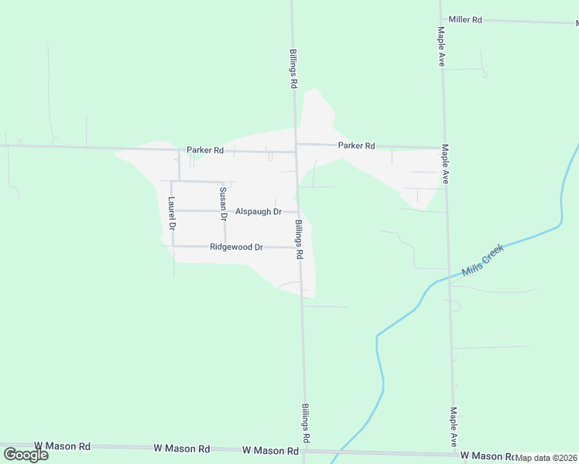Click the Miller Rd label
(465, 19)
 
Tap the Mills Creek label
(482, 260)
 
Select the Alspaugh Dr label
(259, 211)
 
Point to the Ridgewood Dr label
(237, 247)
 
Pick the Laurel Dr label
(172, 213)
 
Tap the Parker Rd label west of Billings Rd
(205, 150)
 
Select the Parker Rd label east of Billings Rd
(356, 145)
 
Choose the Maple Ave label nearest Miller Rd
(440, 46)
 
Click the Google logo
(26, 454)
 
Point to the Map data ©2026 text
(546, 458)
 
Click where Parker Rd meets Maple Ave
(444, 147)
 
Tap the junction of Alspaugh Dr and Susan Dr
(224, 210)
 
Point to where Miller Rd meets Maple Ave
(441, 19)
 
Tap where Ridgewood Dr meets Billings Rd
(300, 248)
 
